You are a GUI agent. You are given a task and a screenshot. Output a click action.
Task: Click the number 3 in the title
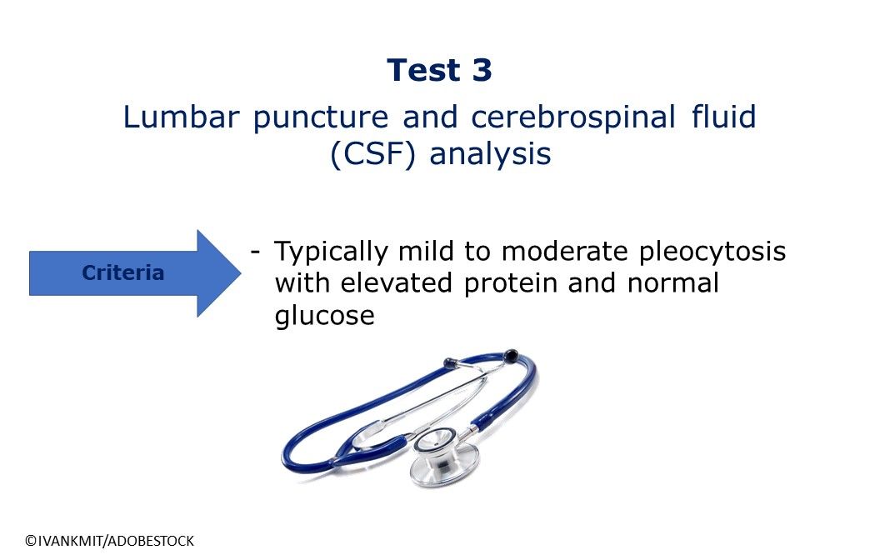(482, 70)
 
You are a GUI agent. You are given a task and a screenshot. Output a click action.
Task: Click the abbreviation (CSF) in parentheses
(372, 153)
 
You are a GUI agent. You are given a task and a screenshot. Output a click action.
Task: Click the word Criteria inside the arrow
(122, 272)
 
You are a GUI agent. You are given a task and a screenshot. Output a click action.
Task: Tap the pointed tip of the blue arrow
(242, 273)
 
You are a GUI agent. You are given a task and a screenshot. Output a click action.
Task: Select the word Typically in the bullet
(331, 252)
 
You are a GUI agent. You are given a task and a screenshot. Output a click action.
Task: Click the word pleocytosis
(712, 252)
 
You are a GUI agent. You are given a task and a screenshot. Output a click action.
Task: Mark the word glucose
(324, 315)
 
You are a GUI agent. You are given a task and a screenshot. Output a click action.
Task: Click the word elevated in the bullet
(396, 282)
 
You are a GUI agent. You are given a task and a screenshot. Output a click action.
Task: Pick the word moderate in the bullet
(564, 251)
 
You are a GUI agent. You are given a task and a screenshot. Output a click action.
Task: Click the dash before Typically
(255, 252)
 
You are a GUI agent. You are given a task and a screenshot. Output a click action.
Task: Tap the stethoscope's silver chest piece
(444, 457)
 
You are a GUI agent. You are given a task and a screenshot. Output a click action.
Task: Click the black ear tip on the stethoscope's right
(511, 355)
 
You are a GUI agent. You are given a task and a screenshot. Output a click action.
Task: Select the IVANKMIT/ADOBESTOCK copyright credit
(109, 541)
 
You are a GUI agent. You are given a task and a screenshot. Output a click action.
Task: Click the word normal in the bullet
(672, 282)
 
